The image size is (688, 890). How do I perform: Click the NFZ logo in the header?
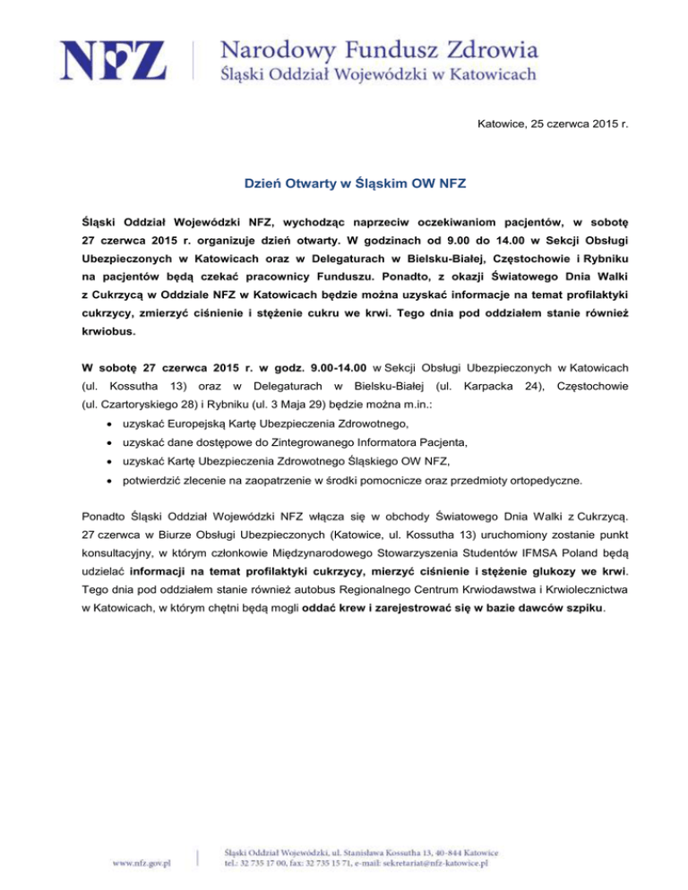pyautogui.click(x=113, y=60)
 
